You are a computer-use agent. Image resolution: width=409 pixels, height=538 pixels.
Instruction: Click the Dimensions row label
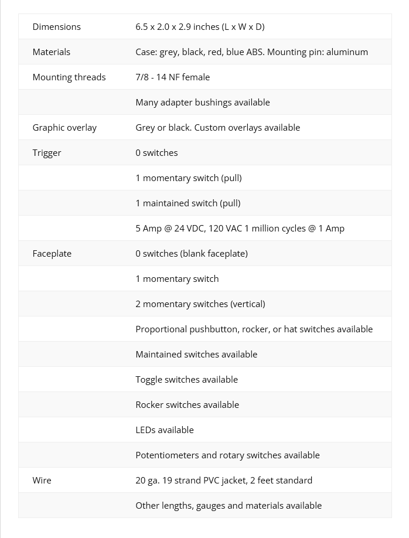56,27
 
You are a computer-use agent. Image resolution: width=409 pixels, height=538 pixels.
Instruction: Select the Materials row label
51,52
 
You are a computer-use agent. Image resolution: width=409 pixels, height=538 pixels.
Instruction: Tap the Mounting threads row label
69,77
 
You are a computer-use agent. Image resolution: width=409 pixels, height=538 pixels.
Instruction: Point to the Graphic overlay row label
64,128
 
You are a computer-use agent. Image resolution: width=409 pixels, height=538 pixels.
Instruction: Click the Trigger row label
47,153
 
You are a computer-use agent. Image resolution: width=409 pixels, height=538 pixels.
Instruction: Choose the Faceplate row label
52,254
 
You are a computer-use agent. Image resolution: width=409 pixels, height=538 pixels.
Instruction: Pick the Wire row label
42,481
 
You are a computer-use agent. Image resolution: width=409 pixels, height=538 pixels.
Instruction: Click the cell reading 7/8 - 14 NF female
172,77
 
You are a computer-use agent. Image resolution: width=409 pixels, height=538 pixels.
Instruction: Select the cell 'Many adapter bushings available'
203,103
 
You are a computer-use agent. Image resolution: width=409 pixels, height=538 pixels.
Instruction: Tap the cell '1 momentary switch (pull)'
188,178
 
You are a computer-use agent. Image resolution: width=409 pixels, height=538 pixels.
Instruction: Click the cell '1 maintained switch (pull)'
188,203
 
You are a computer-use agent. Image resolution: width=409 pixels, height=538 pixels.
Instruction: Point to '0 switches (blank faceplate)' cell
192,254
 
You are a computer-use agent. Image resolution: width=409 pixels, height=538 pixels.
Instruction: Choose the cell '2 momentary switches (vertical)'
200,304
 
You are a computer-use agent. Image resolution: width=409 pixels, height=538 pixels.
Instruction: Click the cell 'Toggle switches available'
186,380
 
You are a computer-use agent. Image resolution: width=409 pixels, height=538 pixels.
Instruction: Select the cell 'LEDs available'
164,430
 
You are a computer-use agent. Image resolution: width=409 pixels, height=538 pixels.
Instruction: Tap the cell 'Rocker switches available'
187,405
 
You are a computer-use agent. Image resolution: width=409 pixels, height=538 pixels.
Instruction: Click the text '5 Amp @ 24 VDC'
169,229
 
